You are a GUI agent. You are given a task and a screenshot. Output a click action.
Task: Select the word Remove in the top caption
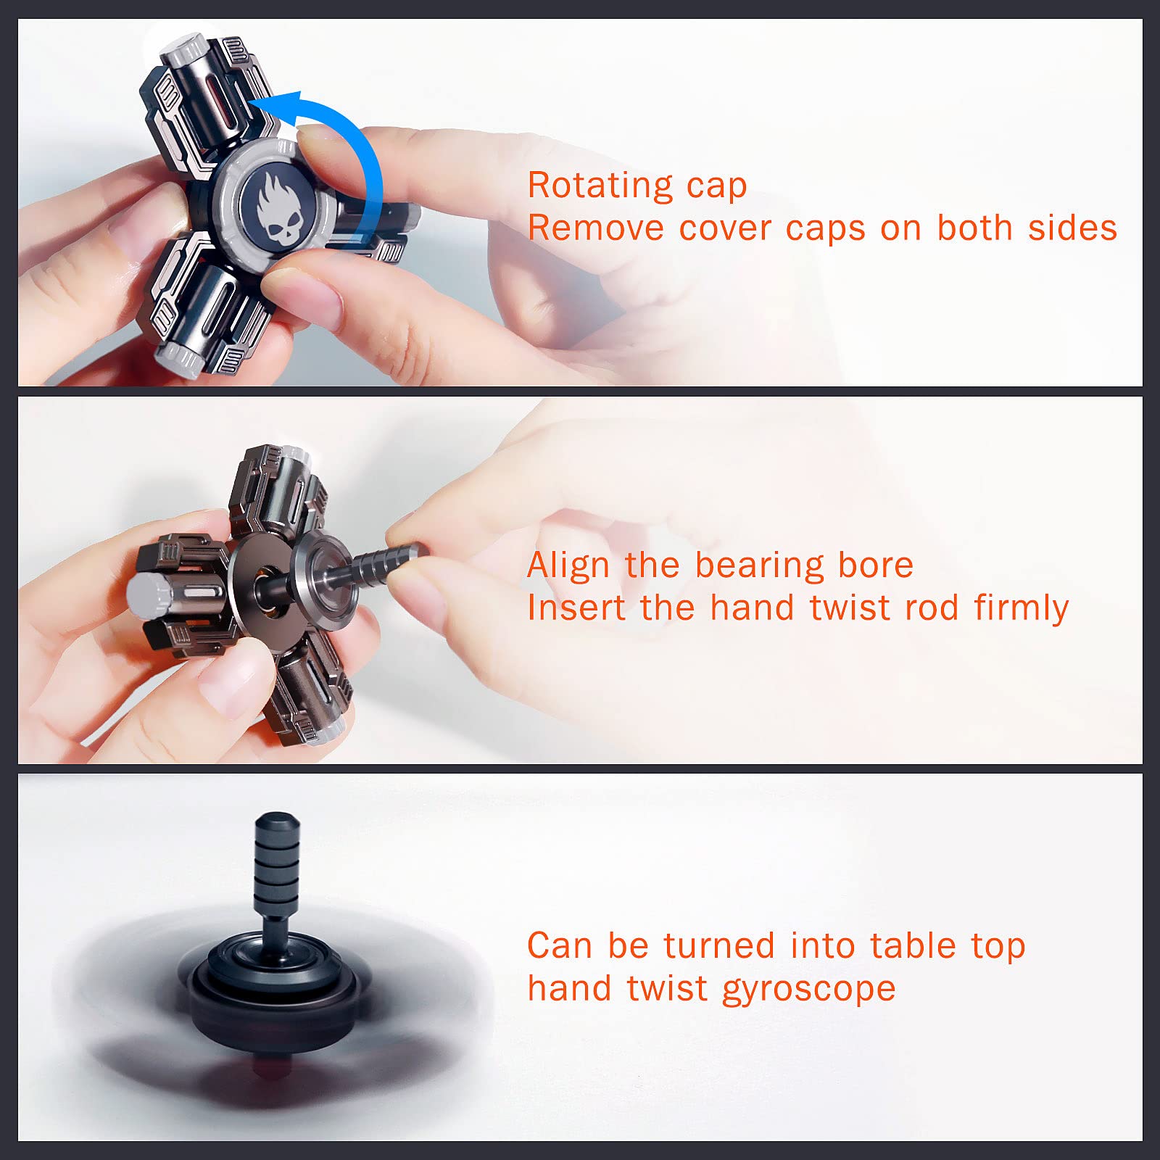point(595,228)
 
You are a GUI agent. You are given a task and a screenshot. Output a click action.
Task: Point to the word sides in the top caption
point(1072,228)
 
